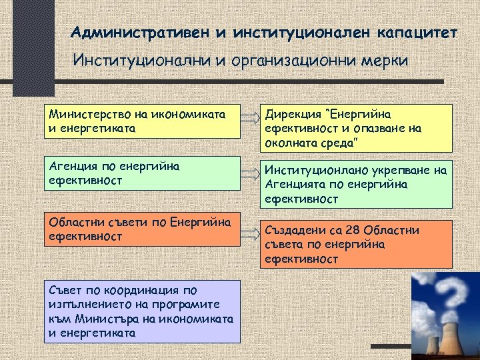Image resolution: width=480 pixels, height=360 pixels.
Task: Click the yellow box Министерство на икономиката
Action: [x=141, y=120]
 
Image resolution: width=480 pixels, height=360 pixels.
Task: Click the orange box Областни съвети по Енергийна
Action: [x=141, y=229]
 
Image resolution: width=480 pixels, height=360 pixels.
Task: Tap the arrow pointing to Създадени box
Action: [x=249, y=231]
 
